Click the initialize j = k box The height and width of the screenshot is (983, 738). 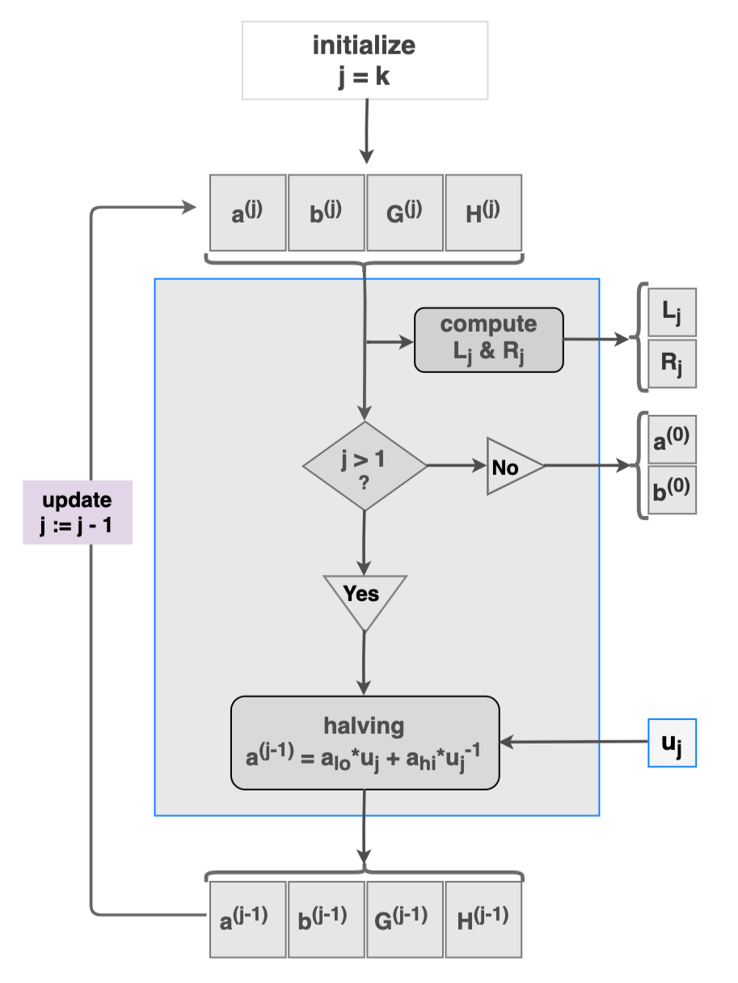(x=365, y=60)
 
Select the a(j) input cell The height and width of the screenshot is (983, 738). (x=247, y=213)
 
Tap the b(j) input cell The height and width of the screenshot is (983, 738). (x=326, y=213)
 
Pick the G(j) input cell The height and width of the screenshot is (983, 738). (x=404, y=213)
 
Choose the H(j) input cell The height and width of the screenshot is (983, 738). (x=483, y=213)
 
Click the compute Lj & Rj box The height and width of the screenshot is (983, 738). (x=488, y=340)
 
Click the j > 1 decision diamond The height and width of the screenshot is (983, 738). (x=365, y=466)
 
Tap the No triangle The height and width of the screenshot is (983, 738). (x=509, y=466)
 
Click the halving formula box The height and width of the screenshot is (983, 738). (x=365, y=742)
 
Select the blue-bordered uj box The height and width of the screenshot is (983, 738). (x=672, y=742)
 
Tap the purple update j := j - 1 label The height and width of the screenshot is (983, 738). (x=77, y=511)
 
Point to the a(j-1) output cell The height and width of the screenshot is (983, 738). (x=247, y=918)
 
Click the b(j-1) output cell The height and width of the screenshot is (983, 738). (x=326, y=918)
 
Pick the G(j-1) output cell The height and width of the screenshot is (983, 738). (x=404, y=918)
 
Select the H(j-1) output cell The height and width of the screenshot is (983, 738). (x=483, y=918)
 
